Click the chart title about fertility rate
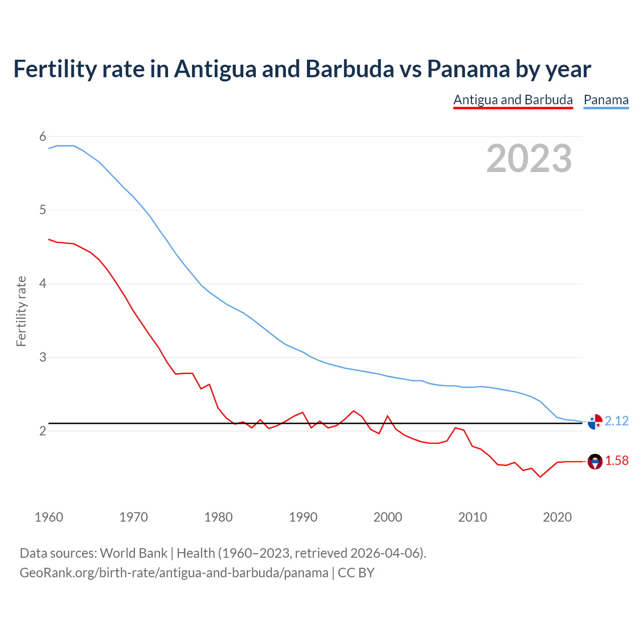pyautogui.click(x=302, y=69)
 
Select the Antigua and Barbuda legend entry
pyautogui.click(x=513, y=100)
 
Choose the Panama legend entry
pyautogui.click(x=606, y=100)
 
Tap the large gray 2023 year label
pyautogui.click(x=529, y=158)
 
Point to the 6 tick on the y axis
pyautogui.click(x=43, y=136)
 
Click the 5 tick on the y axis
pyautogui.click(x=43, y=210)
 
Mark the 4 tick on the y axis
pyautogui.click(x=43, y=283)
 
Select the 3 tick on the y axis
pyautogui.click(x=43, y=357)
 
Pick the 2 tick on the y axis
pyautogui.click(x=43, y=431)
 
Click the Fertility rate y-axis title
pyautogui.click(x=21, y=311)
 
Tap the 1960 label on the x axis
pyautogui.click(x=49, y=517)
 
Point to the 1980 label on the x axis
pyautogui.click(x=218, y=517)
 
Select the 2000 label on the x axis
pyautogui.click(x=388, y=517)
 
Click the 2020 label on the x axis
pyautogui.click(x=557, y=517)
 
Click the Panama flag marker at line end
pyautogui.click(x=595, y=422)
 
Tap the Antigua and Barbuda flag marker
pyautogui.click(x=595, y=461)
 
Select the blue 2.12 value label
pyautogui.click(x=616, y=421)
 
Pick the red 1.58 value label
pyautogui.click(x=616, y=460)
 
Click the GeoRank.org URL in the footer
pyautogui.click(x=174, y=572)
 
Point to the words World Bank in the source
pyautogui.click(x=133, y=553)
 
